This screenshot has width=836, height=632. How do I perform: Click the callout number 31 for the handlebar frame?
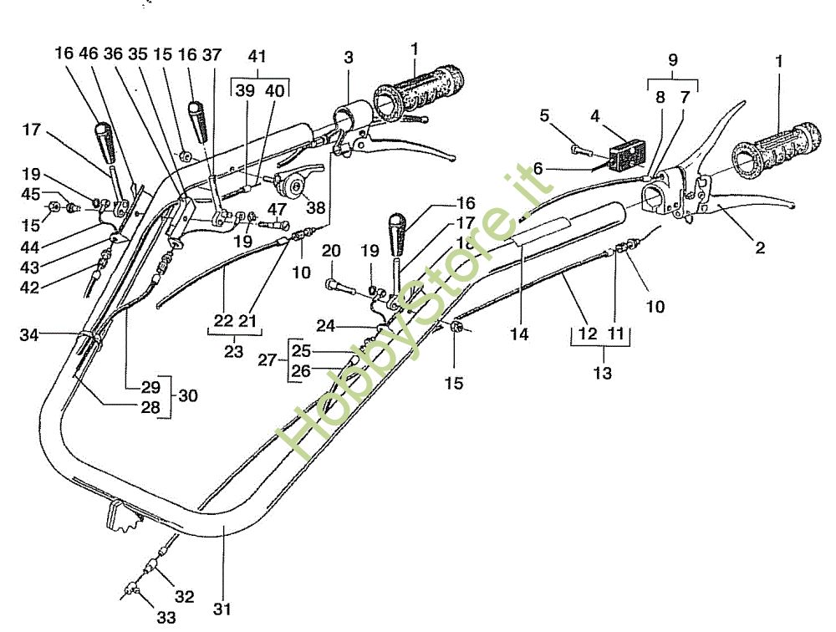coord(222,609)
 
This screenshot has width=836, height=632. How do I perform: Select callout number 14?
coord(520,334)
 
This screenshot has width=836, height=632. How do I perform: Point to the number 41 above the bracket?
coord(257,59)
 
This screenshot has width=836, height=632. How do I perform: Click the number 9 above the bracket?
coord(673,60)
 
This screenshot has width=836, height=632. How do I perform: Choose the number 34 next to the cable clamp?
coord(30,335)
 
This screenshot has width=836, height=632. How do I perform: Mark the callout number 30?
coord(188,396)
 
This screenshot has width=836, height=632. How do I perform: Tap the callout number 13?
coord(602,373)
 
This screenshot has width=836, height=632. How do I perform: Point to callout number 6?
coord(538,168)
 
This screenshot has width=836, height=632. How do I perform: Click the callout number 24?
coord(325,325)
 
